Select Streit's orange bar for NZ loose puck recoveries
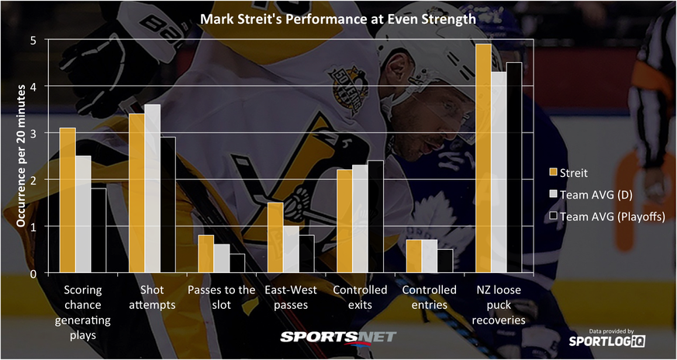[483, 158]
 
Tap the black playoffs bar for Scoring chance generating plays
[98, 230]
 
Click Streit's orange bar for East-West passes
[275, 237]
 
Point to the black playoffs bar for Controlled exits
[375, 216]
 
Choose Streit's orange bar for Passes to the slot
[206, 254]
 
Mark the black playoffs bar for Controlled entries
[444, 261]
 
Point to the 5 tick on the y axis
[33, 40]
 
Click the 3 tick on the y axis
[33, 133]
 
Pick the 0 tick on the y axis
[33, 273]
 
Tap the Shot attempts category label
[152, 297]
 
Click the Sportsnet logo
[338, 337]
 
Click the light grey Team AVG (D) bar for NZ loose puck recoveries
[498, 172]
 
